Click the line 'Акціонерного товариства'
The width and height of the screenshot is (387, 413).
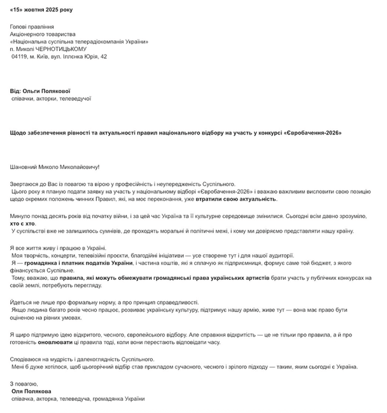coord(43,34)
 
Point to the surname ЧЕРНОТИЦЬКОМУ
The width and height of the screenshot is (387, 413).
coord(69,49)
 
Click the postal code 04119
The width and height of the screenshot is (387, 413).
coord(20,57)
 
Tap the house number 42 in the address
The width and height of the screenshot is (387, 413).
coord(103,57)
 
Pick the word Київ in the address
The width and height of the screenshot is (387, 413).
coord(46,57)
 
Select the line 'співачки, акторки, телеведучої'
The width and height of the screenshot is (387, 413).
coord(52,99)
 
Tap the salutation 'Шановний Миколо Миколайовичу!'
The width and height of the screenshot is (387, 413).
coord(55,168)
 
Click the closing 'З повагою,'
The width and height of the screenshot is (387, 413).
coord(24,384)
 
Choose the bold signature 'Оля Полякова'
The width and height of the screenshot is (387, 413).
coord(32,391)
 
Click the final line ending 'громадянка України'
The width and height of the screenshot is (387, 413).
coord(122,399)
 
